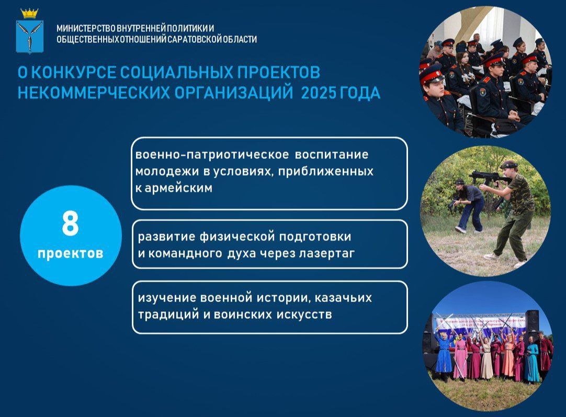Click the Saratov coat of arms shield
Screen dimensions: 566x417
(x=30, y=37)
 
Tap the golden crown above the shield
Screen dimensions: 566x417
(x=30, y=14)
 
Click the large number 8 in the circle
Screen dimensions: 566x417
(x=70, y=224)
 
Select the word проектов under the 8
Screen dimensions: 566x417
(x=71, y=253)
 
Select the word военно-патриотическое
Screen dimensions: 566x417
(x=212, y=154)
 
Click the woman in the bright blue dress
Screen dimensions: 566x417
(x=444, y=352)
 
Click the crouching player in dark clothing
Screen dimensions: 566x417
(x=469, y=205)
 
